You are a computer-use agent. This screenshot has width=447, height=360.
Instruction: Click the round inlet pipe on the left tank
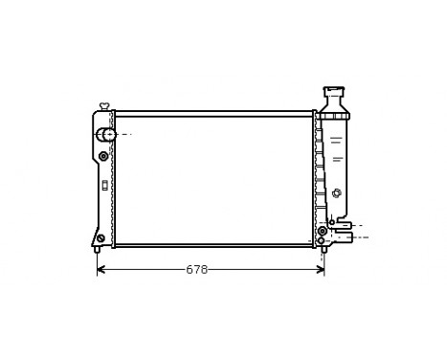[x=109, y=135]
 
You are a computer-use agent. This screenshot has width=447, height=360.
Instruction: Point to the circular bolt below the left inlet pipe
[x=103, y=156]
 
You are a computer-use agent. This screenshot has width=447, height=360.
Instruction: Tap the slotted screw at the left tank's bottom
[x=101, y=237]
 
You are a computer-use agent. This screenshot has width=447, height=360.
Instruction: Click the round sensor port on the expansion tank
[x=335, y=194]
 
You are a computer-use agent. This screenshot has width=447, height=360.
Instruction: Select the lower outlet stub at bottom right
[x=346, y=238]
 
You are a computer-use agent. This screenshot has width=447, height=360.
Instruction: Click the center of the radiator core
[x=212, y=179]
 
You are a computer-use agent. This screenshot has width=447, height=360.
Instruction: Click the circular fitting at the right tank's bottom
[x=323, y=231]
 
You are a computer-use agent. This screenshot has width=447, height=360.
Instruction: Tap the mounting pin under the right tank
[x=324, y=250]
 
